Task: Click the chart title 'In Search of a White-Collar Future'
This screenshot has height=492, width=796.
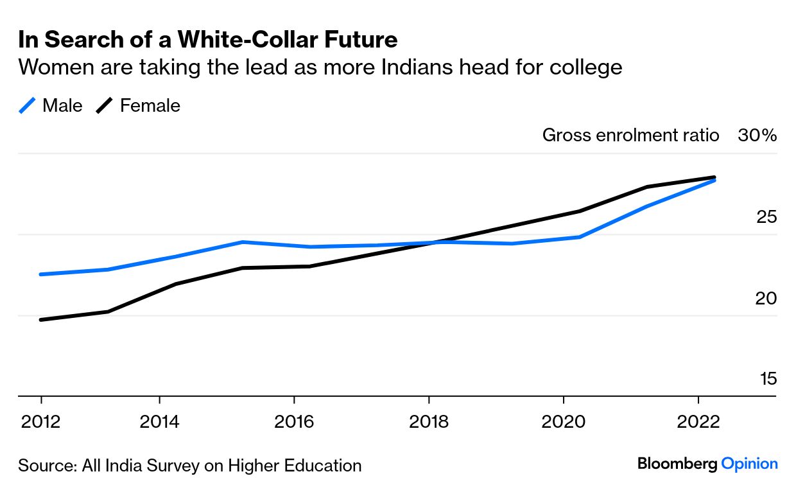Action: pos(207,40)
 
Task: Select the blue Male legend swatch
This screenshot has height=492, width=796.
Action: pos(26,105)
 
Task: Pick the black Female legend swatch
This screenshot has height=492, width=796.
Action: pos(105,105)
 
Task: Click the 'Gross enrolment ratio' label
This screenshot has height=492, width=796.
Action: pos(630,136)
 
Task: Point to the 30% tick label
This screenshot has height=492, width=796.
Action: pos(757,136)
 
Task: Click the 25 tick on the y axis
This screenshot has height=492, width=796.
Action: pos(766,217)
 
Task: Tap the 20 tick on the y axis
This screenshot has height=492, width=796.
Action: pos(766,298)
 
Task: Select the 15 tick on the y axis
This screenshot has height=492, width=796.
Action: pos(768,379)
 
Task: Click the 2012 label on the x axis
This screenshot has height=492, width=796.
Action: pos(41,422)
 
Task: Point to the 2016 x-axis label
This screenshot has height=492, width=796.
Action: pos(293,422)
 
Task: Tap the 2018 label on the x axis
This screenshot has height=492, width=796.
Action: pos(428,422)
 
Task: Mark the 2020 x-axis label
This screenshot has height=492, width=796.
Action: pos(563,422)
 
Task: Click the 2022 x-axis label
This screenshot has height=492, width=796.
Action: pos(698,422)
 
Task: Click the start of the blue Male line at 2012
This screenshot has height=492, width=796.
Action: pos(41,274)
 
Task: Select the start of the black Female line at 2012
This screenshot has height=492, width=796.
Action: pos(41,319)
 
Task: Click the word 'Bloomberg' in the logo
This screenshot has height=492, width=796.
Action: pos(677,464)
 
